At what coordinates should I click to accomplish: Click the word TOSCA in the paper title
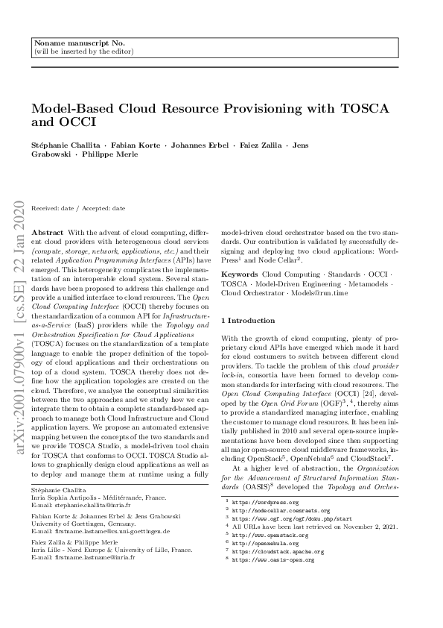(364, 109)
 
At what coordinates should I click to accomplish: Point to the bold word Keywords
(240, 275)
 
